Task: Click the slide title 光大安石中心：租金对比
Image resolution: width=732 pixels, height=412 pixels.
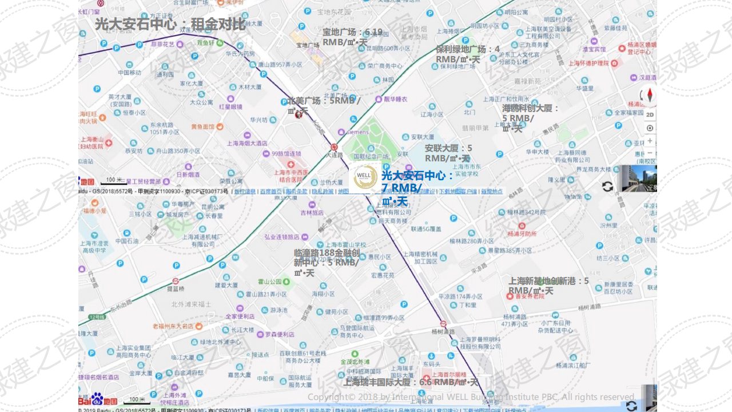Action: (170, 24)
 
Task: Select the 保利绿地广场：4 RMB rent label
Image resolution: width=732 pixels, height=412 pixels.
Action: (467, 54)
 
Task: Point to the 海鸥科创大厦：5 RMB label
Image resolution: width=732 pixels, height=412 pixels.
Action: (530, 118)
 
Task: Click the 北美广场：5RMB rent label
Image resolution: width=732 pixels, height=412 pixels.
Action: (323, 105)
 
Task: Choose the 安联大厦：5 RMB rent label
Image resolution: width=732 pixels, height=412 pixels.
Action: (448, 153)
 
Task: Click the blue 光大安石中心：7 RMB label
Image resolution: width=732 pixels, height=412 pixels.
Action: (417, 188)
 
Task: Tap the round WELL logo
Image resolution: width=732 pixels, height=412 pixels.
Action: (365, 177)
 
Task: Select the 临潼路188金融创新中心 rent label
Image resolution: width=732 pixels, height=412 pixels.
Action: (326, 263)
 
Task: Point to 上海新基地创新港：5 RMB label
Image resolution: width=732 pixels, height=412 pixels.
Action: (548, 286)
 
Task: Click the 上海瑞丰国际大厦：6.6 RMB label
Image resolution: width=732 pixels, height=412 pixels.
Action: (410, 382)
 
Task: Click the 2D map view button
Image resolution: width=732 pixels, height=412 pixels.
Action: (650, 114)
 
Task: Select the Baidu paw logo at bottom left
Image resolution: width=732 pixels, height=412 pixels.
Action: (97, 398)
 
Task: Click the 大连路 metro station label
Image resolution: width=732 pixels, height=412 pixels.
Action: (334, 154)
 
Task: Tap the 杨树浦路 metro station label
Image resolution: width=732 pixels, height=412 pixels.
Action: (443, 331)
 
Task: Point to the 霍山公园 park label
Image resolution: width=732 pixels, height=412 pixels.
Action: (270, 282)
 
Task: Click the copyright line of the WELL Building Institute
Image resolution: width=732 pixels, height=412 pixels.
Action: (471, 397)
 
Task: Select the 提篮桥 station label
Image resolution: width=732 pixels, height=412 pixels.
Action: (176, 289)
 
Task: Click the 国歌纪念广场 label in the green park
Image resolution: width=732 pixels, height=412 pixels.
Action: (371, 156)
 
